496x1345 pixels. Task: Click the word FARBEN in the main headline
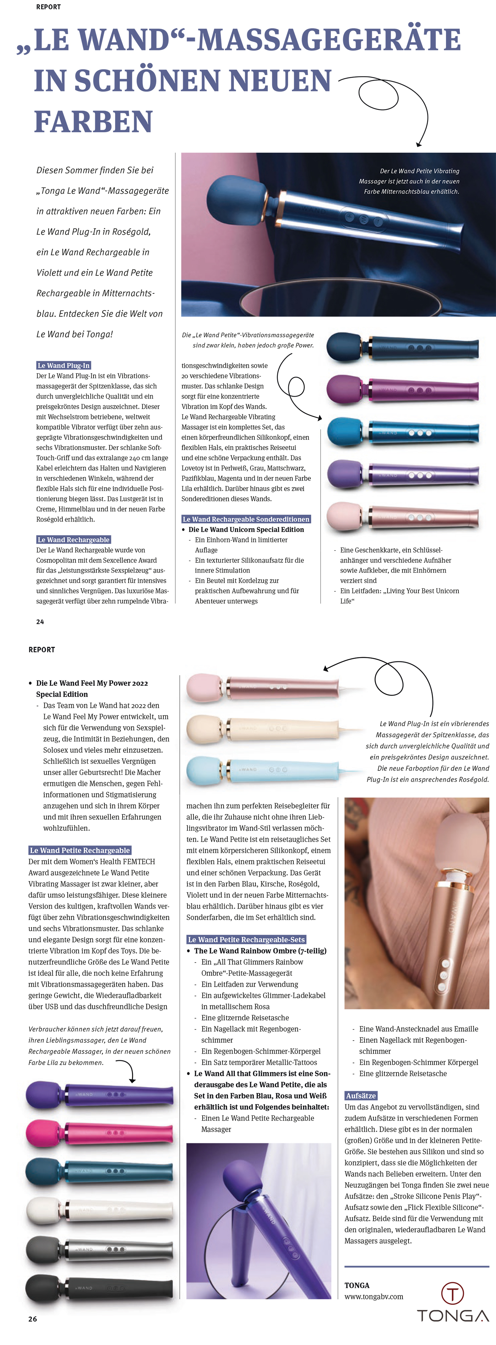(94, 122)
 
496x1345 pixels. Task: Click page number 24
(40, 621)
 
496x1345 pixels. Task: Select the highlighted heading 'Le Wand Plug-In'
(64, 365)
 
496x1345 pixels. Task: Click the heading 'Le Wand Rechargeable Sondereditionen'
(246, 519)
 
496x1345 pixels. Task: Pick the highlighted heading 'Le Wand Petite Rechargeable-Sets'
(246, 939)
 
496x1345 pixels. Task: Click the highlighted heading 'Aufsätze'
(361, 1095)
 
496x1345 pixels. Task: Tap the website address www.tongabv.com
(374, 1296)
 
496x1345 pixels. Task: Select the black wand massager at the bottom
(99, 1288)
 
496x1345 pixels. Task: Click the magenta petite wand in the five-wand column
(402, 390)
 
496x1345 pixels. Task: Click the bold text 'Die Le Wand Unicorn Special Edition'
(246, 529)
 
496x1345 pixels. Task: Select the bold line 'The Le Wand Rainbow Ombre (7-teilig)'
(260, 951)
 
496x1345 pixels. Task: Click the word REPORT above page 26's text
(42, 650)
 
